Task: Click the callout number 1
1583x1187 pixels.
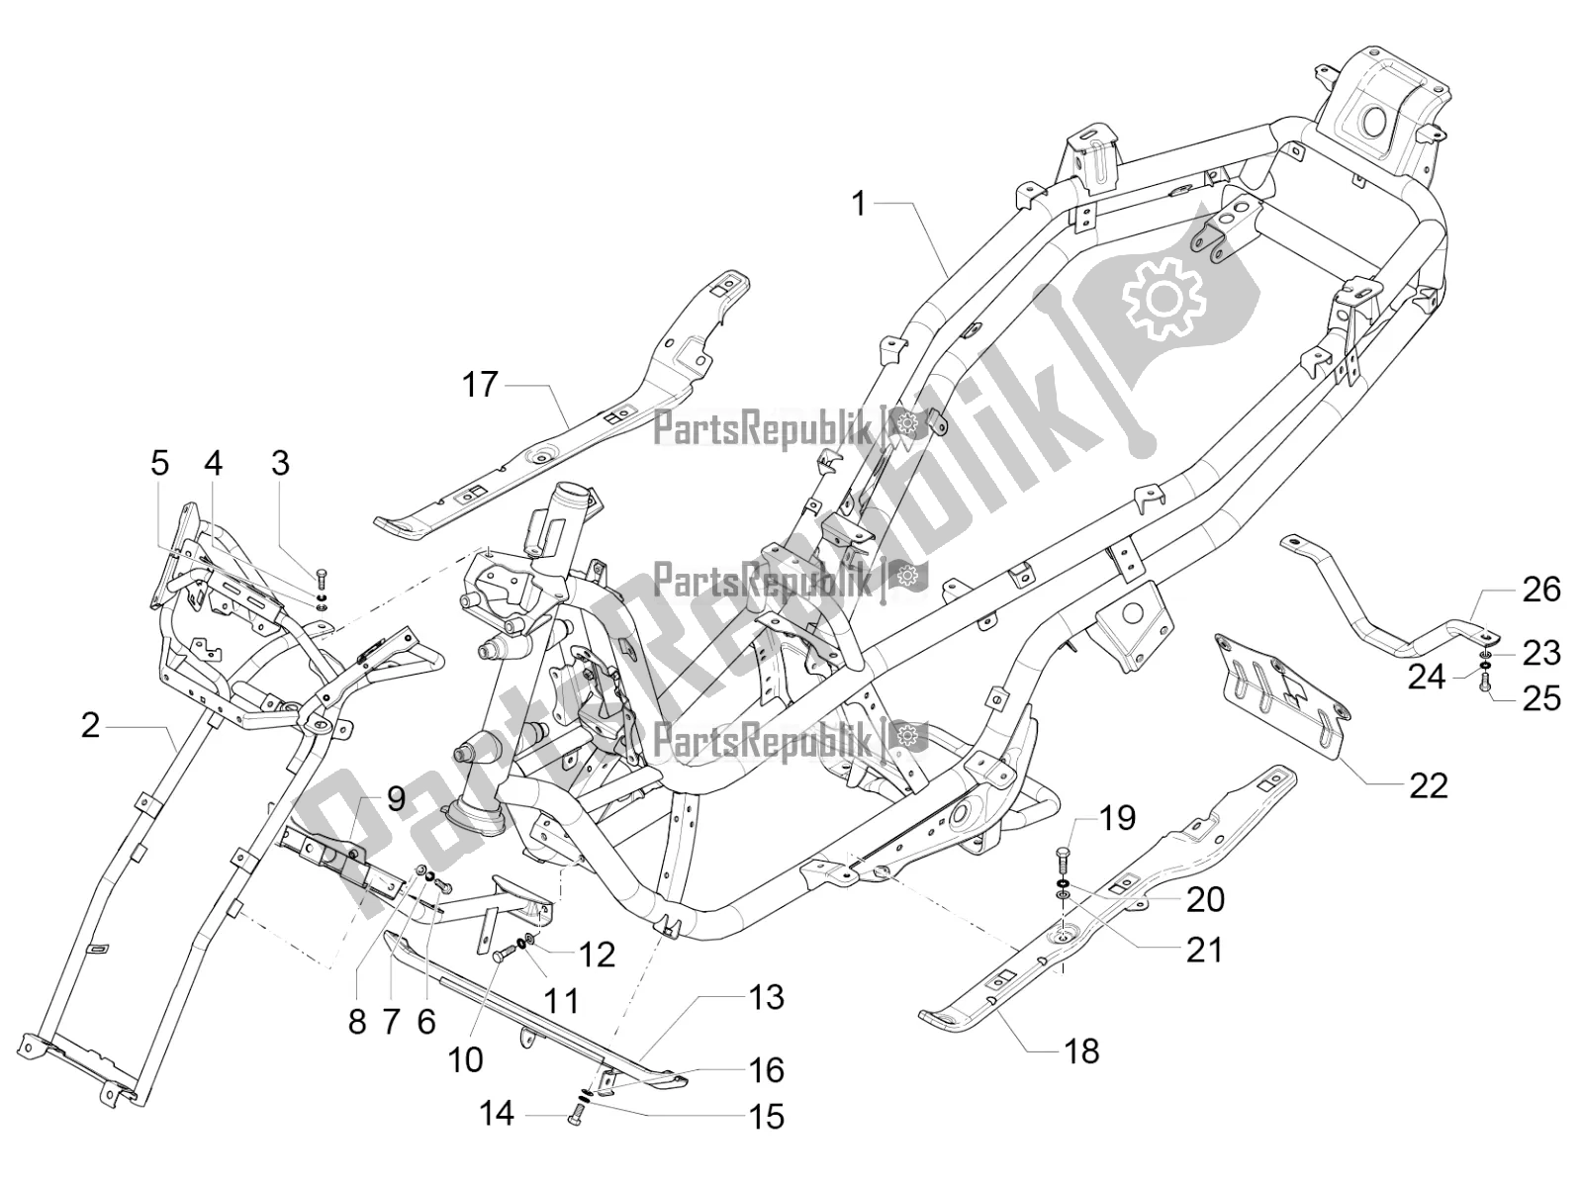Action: (x=858, y=205)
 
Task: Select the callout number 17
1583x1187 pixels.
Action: (x=481, y=384)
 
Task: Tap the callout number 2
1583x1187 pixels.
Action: (x=90, y=727)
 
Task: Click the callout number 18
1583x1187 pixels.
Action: (x=1083, y=1050)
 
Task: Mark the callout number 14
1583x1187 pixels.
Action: (x=497, y=1115)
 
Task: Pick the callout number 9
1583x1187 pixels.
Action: (x=396, y=799)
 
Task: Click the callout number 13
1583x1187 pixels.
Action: (x=767, y=997)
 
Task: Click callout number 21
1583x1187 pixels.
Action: (x=1204, y=950)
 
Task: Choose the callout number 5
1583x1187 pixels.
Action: (x=159, y=463)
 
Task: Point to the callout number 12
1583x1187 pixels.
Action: (x=598, y=955)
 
